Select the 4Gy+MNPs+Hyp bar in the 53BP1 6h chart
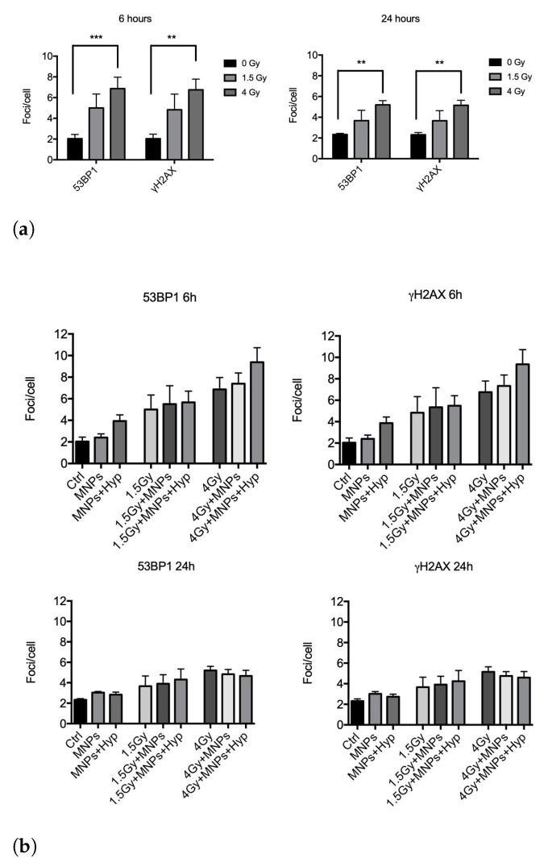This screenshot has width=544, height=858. [257, 413]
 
